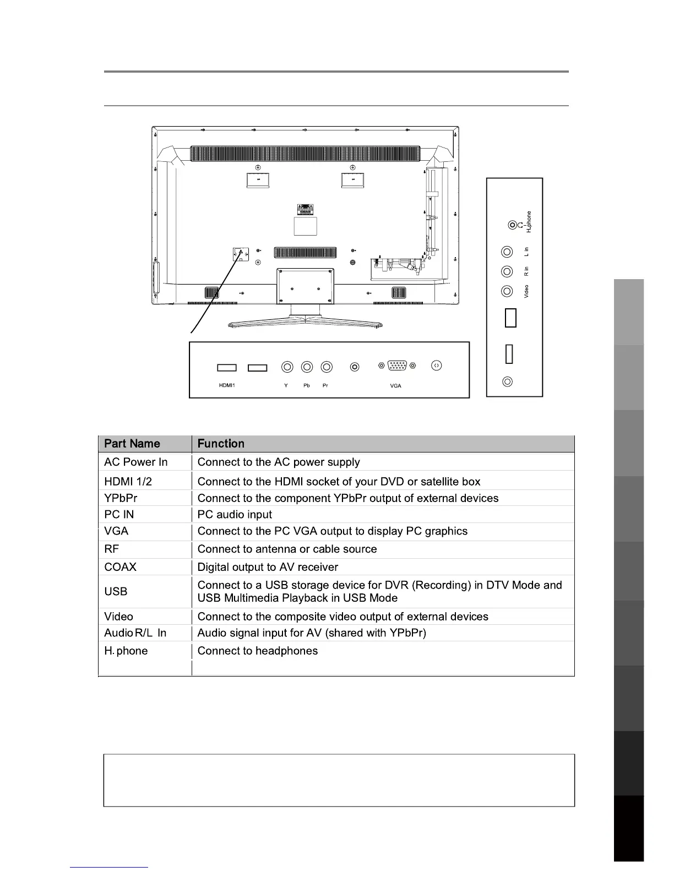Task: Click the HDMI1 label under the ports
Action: (227, 385)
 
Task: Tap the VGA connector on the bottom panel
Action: (397, 366)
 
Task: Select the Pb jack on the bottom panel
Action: (307, 367)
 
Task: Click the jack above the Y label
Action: (287, 367)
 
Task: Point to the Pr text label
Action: (325, 385)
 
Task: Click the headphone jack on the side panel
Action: (513, 225)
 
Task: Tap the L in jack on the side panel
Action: (507, 252)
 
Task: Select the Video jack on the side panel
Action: (507, 291)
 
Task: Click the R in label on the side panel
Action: (526, 271)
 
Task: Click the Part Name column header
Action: (132, 444)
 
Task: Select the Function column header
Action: (221, 444)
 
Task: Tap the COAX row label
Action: (120, 567)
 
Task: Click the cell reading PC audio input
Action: (235, 515)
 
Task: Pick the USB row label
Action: (116, 592)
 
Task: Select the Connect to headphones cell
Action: (257, 651)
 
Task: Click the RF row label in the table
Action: (111, 549)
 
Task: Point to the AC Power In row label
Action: (135, 462)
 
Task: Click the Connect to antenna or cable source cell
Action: (287, 549)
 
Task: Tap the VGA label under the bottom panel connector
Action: (395, 386)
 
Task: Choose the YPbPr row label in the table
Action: (121, 498)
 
